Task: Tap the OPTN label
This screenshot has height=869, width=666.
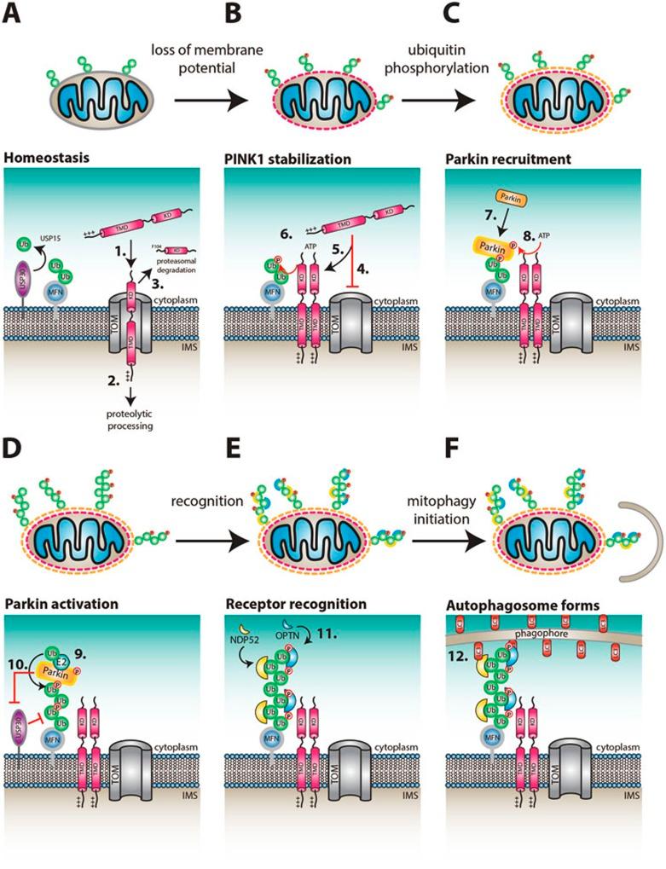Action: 314,634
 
